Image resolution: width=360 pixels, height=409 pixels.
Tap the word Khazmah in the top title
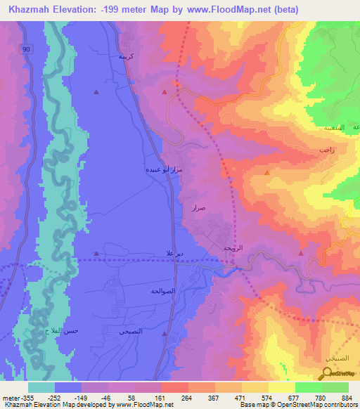click(30, 9)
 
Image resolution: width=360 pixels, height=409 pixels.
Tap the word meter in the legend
click(10, 397)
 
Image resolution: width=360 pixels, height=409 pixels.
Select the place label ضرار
click(198, 208)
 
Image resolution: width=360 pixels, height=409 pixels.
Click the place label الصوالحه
click(162, 290)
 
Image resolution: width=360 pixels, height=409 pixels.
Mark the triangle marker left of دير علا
click(96, 253)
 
